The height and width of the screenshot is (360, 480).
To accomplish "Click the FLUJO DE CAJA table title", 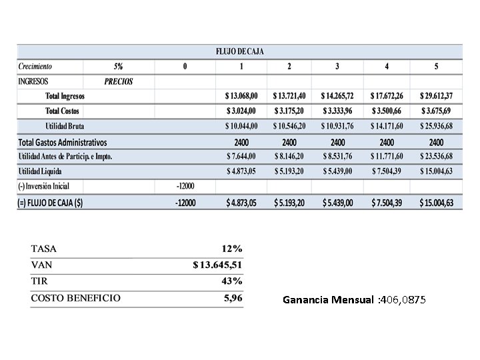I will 240,51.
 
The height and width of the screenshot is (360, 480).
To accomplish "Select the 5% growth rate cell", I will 118,67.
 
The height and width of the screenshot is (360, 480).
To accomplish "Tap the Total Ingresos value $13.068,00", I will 241,96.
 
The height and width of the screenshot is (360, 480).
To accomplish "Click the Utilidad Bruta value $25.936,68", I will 436,126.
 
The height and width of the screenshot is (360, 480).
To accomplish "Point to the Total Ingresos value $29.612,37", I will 436,96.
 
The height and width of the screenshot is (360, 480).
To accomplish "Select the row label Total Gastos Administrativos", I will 63,142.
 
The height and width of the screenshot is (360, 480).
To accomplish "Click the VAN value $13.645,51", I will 217,265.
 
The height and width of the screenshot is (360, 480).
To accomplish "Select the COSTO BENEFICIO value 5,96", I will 233,298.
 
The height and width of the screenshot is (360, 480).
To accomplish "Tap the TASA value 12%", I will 231,249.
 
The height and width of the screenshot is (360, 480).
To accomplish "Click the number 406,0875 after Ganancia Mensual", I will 403,301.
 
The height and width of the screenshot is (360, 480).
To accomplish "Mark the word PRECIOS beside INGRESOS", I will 119,81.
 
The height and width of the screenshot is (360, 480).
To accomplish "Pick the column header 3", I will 337,67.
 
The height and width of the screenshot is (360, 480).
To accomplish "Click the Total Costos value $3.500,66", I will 387,111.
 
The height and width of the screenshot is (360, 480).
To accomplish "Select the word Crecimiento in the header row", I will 35,67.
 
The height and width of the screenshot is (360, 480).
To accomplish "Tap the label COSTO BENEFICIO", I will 76,298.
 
